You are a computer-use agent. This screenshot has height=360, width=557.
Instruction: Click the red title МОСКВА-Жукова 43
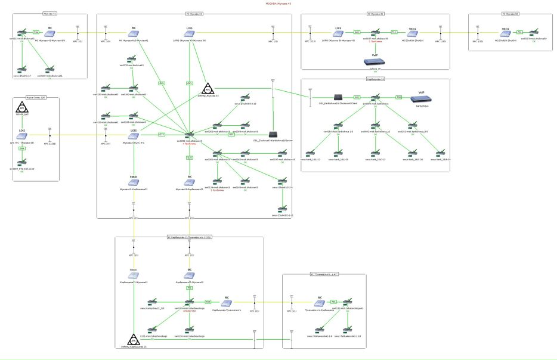[278, 4]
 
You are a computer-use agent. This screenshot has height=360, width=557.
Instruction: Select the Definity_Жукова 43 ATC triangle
[208, 89]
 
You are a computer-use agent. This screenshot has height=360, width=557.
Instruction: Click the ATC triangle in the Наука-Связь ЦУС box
[22, 108]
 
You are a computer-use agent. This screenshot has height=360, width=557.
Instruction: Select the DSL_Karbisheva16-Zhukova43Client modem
[337, 97]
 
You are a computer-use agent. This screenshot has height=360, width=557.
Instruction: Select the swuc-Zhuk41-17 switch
[22, 70]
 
